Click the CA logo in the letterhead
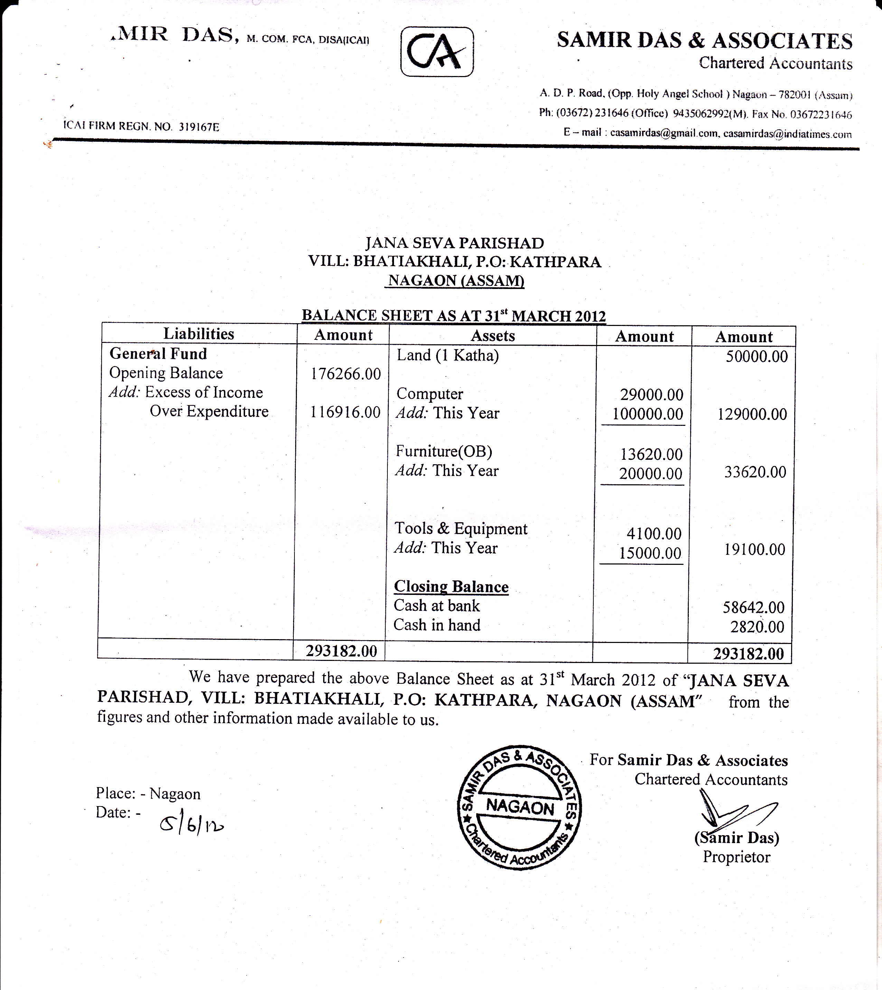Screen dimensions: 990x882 [437, 52]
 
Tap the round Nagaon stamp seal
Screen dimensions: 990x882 [519, 807]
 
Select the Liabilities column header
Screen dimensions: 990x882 [199, 334]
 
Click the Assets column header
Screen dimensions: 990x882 [493, 336]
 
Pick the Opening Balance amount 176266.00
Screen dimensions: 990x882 [346, 374]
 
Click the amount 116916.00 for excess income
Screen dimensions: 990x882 [345, 412]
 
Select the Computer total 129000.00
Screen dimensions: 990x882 [752, 414]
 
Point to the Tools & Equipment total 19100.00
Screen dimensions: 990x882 [754, 550]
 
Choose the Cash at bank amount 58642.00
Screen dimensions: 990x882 [753, 607]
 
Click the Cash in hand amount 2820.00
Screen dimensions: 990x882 [757, 627]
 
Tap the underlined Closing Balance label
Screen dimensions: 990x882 [451, 587]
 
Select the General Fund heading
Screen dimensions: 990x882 [158, 354]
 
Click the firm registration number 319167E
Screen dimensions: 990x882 [199, 127]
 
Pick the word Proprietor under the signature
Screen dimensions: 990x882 [736, 857]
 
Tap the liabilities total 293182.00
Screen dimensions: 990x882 [341, 651]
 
